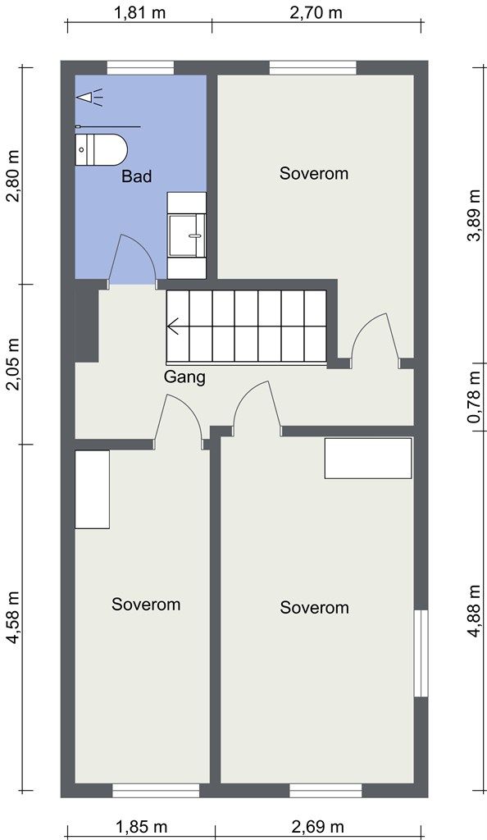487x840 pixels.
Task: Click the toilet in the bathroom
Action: [x=101, y=150]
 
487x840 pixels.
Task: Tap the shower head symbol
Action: [x=89, y=98]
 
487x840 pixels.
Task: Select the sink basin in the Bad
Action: [x=187, y=235]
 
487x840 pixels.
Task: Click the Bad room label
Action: [x=136, y=176]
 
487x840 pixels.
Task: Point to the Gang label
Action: [x=184, y=377]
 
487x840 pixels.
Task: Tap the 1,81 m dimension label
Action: [x=139, y=12]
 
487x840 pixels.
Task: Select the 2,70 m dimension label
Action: [x=316, y=12]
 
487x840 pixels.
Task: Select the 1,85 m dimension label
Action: [x=141, y=827]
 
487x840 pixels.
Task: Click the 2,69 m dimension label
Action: [x=317, y=827]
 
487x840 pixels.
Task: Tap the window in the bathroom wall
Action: [x=140, y=67]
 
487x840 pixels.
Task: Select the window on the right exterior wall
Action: [x=421, y=653]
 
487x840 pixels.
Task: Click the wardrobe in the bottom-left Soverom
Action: [x=92, y=489]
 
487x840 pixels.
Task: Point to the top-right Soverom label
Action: [x=314, y=174]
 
